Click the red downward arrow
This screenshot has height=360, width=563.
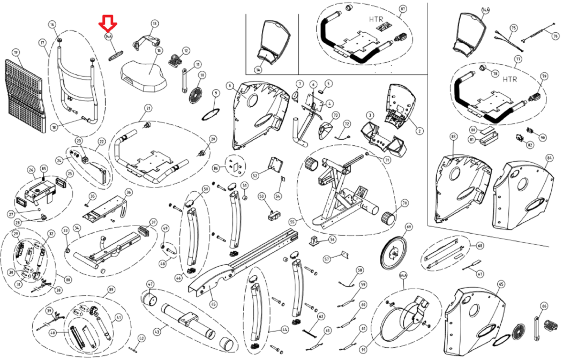click(x=108, y=23)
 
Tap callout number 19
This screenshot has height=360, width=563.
click(x=15, y=53)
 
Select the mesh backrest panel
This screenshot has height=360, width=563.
click(x=25, y=95)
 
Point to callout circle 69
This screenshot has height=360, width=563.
click(x=408, y=227)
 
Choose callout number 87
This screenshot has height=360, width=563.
click(x=403, y=9)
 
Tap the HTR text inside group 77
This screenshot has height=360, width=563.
click(x=510, y=80)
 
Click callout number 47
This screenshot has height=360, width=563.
click(x=150, y=284)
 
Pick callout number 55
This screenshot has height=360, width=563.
click(x=292, y=222)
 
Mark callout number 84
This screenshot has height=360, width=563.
click(x=549, y=158)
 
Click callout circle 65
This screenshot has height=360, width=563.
click(x=501, y=284)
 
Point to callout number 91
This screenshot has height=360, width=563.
click(x=363, y=350)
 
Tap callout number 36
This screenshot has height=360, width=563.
click(x=128, y=192)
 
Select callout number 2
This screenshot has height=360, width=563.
click(x=419, y=131)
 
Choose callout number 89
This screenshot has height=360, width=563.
click(x=111, y=290)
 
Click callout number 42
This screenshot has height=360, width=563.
click(x=141, y=339)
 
